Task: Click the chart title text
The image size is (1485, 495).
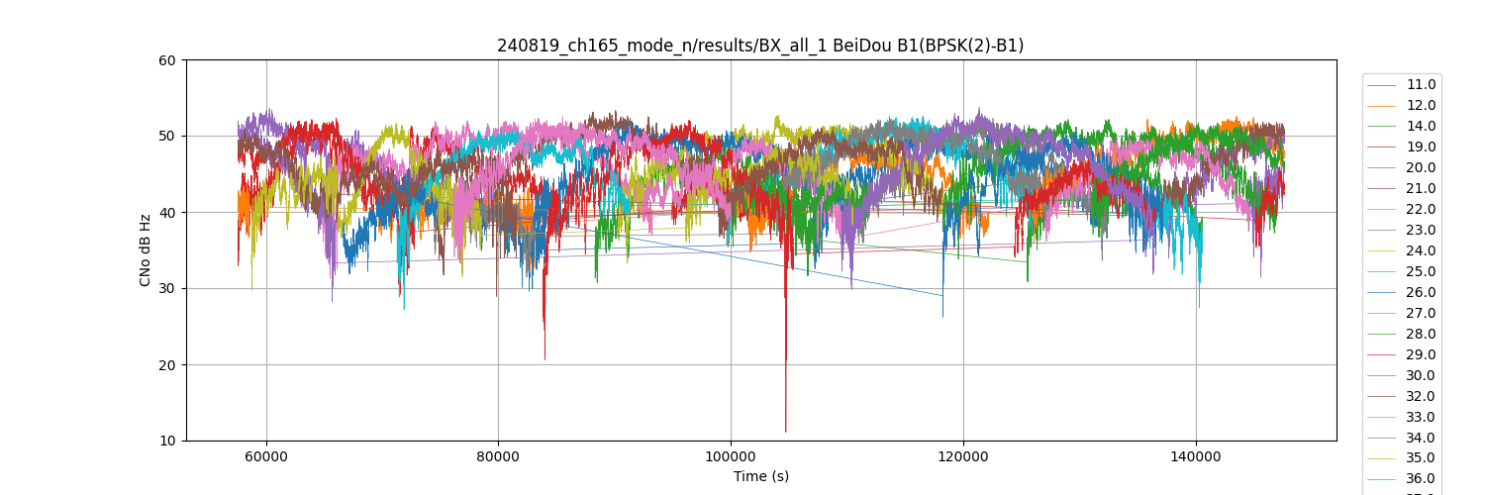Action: tap(760, 46)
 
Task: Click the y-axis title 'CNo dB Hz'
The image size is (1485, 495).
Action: tap(146, 250)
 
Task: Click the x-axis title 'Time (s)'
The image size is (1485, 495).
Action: tap(760, 476)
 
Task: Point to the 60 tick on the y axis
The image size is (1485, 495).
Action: tap(167, 60)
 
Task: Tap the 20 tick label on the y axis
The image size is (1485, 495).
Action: tap(167, 365)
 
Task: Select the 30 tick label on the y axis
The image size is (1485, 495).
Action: tap(167, 289)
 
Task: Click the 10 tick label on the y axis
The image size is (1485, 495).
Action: tap(167, 442)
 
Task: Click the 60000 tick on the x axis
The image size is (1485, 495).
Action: tap(265, 456)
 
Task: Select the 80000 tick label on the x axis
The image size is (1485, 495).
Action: tap(498, 456)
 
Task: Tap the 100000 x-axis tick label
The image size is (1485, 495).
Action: tap(731, 456)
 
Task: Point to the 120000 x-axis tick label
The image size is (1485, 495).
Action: tap(963, 456)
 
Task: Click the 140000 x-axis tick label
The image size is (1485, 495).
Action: tap(1196, 456)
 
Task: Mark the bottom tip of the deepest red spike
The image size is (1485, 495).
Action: tap(786, 432)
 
